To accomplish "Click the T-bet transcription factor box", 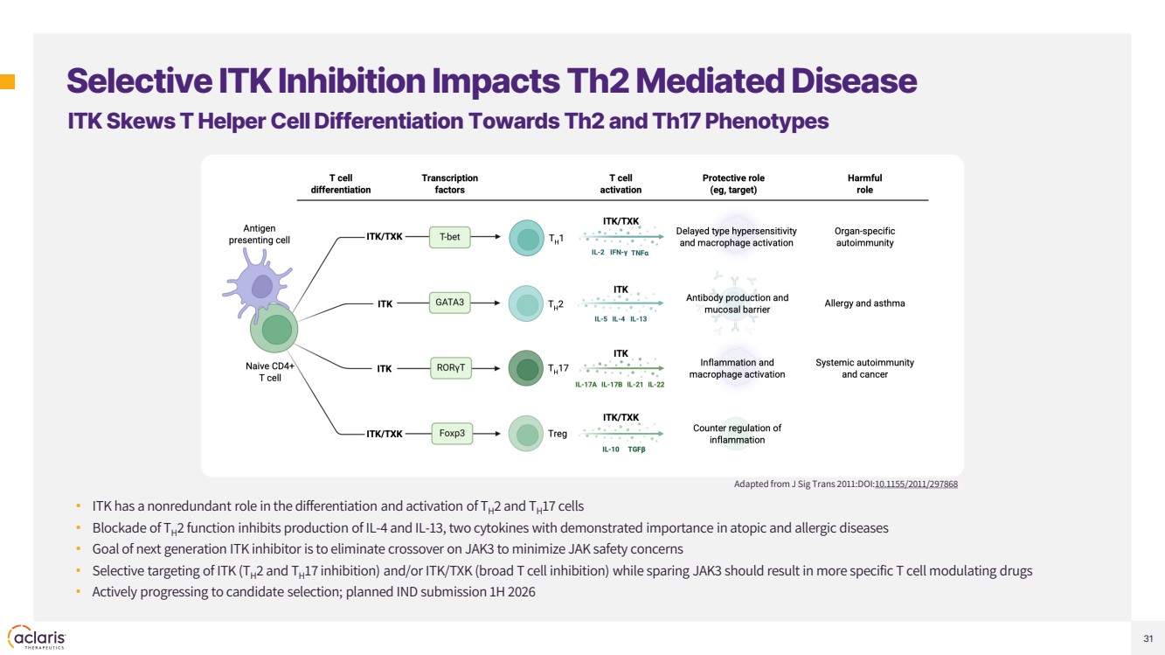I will [x=450, y=236].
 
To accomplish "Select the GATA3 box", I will [x=450, y=303].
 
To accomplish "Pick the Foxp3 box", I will [x=452, y=433].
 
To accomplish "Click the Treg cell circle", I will [x=527, y=434].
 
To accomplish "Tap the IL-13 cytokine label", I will [x=638, y=319].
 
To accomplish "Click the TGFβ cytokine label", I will [x=636, y=449].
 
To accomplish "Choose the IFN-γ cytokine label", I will [x=618, y=253].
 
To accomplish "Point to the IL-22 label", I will [x=655, y=385].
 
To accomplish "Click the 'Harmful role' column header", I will [x=864, y=184].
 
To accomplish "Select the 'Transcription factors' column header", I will [x=449, y=184].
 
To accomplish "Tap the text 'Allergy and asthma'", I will [x=864, y=303].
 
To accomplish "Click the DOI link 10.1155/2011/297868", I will [x=916, y=484].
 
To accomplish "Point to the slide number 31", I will [x=1148, y=638].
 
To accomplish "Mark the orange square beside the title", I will [x=7, y=82].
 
